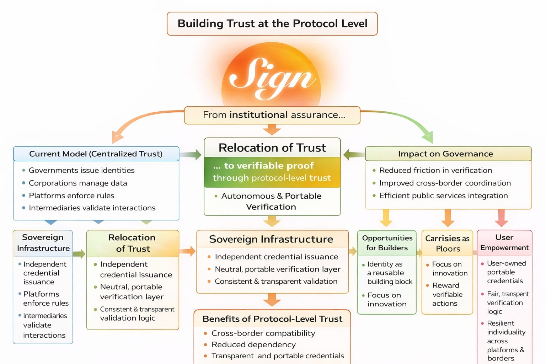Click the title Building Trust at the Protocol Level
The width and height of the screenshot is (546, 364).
coord(272,24)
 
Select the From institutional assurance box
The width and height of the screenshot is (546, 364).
coord(272,115)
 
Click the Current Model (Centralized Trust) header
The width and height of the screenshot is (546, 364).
coord(96,154)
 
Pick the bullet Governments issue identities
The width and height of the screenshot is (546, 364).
coord(81,170)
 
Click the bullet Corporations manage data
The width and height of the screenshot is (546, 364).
coord(77,183)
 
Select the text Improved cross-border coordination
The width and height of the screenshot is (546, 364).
coord(445,183)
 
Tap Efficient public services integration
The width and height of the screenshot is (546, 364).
coord(443,196)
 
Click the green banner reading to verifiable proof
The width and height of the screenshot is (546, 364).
coord(272,172)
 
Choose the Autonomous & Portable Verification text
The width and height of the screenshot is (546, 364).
coord(271,201)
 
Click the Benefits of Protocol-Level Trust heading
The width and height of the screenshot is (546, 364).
coord(272,319)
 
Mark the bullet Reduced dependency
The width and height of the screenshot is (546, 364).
coord(253,344)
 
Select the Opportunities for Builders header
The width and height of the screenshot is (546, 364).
coord(387,243)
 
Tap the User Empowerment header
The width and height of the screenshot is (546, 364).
coord(504,242)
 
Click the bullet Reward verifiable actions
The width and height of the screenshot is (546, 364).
coord(447,294)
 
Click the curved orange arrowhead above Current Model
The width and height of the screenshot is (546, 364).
coord(117,136)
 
